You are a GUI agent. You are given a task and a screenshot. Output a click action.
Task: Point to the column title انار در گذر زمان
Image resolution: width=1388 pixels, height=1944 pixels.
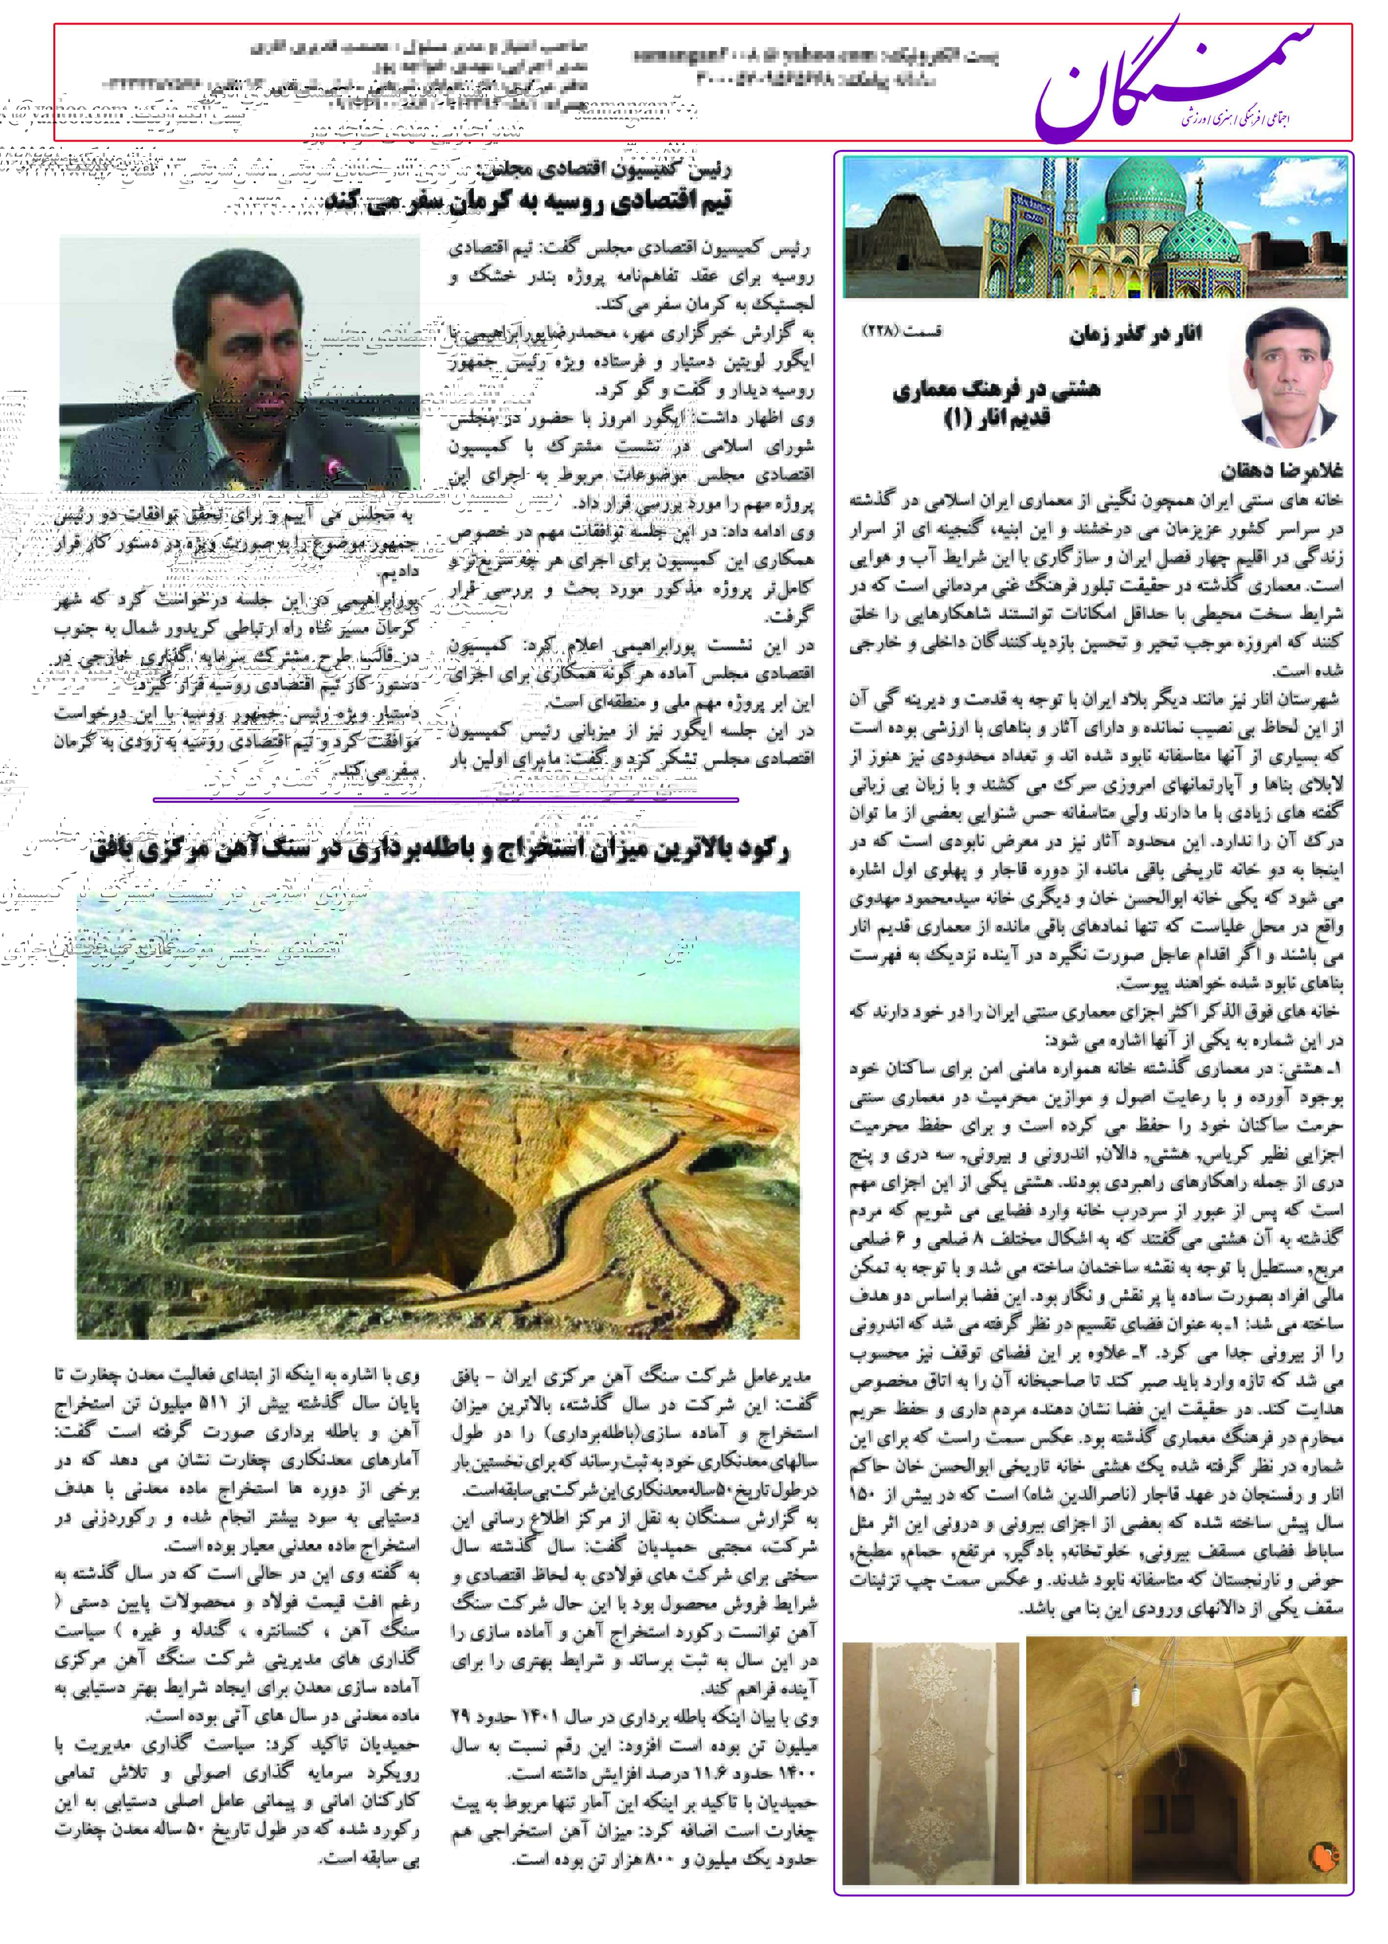tap(1135, 334)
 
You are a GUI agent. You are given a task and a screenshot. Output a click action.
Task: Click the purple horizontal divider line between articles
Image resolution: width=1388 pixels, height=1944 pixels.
tap(445, 799)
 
